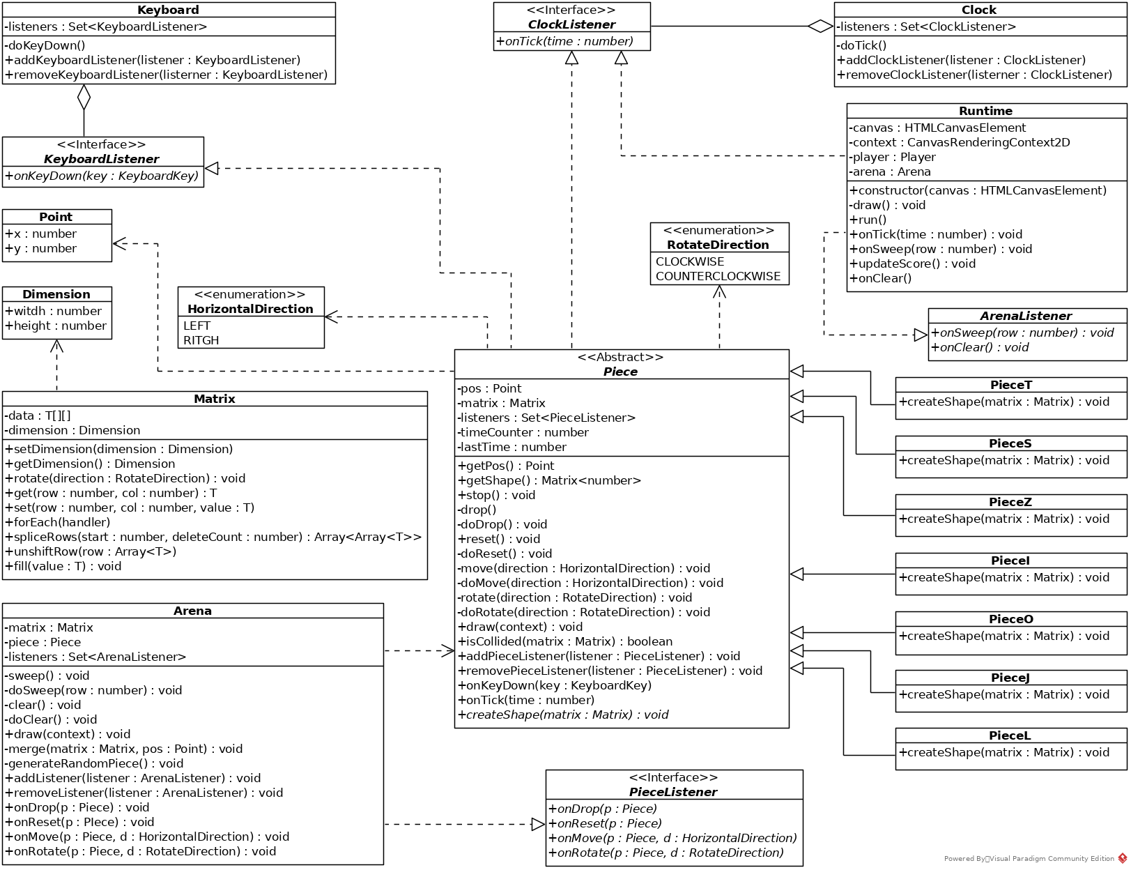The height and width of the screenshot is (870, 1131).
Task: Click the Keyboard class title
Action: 168,10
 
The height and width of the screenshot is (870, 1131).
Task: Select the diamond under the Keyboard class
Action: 84,98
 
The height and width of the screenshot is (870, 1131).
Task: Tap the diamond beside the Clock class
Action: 820,26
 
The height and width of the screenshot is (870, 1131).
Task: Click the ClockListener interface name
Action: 571,24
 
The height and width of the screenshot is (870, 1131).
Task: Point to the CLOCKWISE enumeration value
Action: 690,261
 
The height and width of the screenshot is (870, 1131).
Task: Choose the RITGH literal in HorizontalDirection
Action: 201,340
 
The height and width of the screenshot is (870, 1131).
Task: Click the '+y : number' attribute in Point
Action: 40,248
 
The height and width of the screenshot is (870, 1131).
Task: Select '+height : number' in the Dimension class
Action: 56,326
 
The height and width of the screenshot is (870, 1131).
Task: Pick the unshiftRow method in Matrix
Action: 91,551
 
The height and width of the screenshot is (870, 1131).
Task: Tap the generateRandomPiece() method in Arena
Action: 94,763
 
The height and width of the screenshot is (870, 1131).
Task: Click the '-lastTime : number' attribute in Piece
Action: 512,447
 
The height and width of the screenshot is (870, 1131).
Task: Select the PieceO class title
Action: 1010,619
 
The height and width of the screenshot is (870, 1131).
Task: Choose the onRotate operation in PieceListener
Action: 666,853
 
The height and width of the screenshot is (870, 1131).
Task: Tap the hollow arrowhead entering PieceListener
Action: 538,825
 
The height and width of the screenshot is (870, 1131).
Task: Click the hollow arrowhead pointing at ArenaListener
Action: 921,335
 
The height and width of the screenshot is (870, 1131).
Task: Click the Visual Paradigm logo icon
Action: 1122,859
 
